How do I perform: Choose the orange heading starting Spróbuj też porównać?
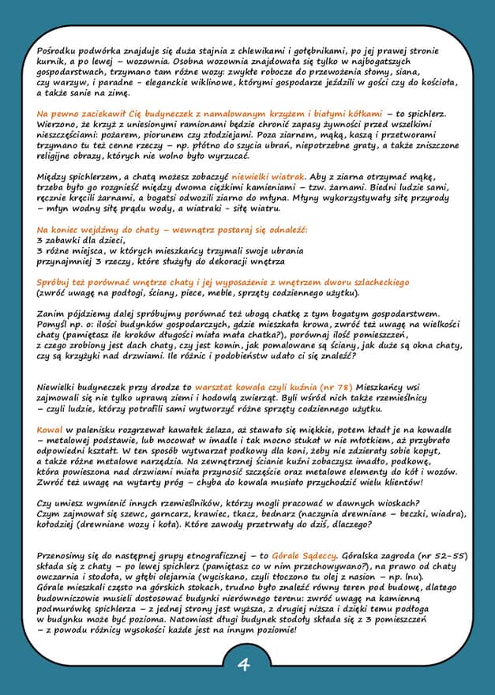[x=223, y=282]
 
